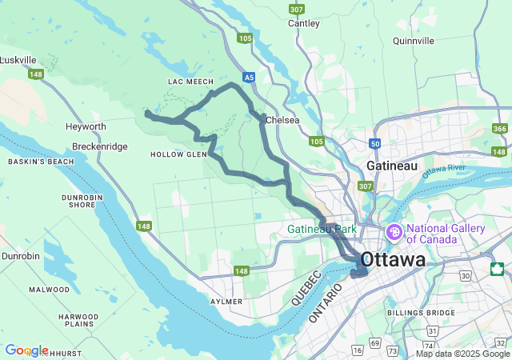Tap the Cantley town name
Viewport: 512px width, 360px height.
[304, 24]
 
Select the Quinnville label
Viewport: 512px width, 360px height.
[414, 40]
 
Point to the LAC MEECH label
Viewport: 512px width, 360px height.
[190, 82]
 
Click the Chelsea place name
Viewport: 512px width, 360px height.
[283, 120]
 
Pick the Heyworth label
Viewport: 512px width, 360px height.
[86, 126]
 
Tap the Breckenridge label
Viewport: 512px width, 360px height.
[99, 146]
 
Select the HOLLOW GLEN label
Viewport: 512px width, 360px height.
[178, 154]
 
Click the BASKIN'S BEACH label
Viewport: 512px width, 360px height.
[41, 162]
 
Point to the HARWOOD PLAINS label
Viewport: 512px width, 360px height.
[78, 321]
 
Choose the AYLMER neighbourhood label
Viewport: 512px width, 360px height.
[226, 302]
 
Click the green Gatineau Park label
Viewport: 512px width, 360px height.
[322, 229]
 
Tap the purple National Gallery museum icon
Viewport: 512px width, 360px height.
[394, 233]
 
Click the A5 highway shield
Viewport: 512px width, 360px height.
[250, 78]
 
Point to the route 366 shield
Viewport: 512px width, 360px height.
[500, 129]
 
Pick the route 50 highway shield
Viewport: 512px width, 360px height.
[375, 143]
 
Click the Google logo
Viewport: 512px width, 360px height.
[26, 350]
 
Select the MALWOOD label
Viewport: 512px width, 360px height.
[49, 289]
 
